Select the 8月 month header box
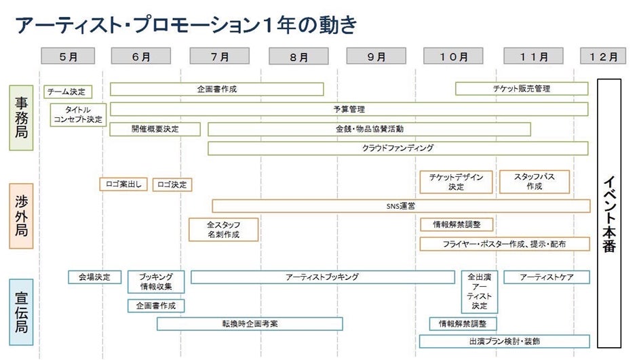point(299,57)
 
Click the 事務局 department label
point(21,117)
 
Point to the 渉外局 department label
point(21,216)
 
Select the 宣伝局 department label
point(21,311)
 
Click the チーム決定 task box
point(67,92)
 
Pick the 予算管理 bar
point(349,108)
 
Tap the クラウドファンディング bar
point(398,148)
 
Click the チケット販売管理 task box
point(521,89)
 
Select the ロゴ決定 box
point(172,184)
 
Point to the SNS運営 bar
point(400,205)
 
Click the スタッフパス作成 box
point(534,181)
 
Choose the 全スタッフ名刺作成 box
point(223,229)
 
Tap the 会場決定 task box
point(94,277)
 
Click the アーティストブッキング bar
point(322,277)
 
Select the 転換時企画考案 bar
point(249,323)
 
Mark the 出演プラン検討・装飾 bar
point(504,341)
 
